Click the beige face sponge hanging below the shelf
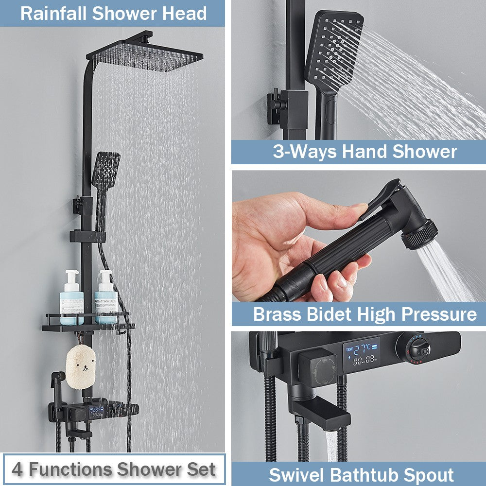point(80,367)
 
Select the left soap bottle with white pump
point(71,297)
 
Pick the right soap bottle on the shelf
point(105,297)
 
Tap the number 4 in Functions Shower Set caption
point(17,469)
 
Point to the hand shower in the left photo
point(105,175)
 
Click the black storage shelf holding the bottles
point(87,326)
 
